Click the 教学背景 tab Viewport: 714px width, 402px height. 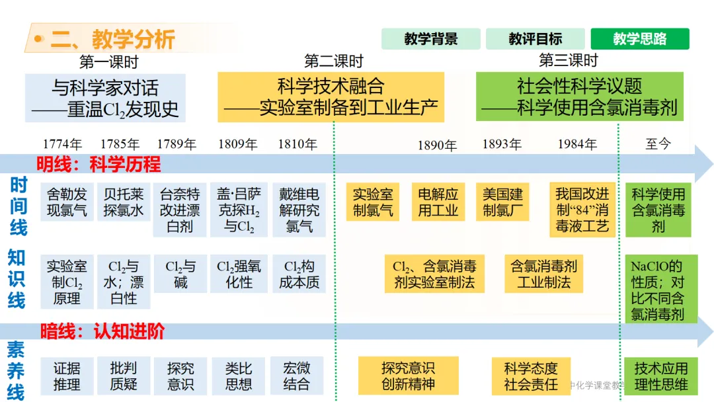(x=431, y=39)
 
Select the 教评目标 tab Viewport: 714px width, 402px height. (x=535, y=39)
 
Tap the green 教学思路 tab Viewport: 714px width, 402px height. (x=640, y=39)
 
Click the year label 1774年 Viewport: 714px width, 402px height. (x=62, y=144)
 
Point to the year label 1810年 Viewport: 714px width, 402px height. (x=297, y=144)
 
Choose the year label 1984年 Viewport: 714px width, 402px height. (x=577, y=144)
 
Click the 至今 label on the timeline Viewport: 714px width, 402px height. (x=658, y=144)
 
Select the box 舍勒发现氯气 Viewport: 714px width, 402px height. (x=67, y=202)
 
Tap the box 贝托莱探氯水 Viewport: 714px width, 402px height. (x=124, y=202)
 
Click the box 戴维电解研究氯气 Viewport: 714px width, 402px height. (x=299, y=210)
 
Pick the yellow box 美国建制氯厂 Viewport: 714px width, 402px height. (x=502, y=202)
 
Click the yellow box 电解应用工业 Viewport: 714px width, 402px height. (x=438, y=202)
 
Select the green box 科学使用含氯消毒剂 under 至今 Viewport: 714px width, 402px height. (x=658, y=210)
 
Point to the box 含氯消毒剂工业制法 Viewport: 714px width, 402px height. (x=543, y=274)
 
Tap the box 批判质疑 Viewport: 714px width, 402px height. (x=124, y=376)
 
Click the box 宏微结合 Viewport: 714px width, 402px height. (x=296, y=376)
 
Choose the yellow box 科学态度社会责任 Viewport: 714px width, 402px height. (x=531, y=376)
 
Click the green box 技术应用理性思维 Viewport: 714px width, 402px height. (x=661, y=376)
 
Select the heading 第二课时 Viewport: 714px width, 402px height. (x=334, y=61)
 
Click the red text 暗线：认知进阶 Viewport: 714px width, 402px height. (x=102, y=331)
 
